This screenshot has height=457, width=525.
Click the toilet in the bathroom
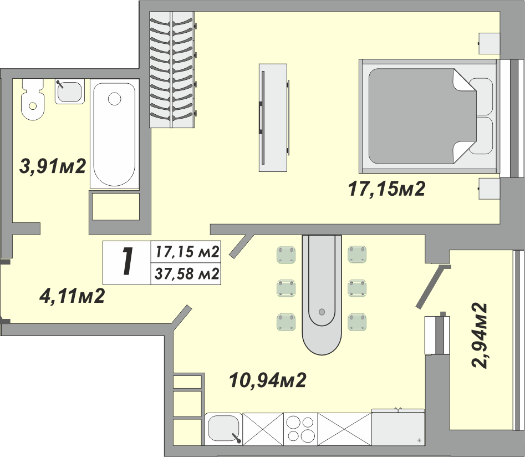point(33,99)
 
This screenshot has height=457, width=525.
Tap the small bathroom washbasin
point(70,92)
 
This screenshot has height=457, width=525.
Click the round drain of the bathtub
point(115,99)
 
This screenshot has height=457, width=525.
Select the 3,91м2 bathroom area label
point(53,166)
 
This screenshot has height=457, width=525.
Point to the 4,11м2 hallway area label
point(72,296)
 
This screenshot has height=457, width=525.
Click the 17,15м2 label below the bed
point(387,189)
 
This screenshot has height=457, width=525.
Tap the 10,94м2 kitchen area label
point(268,380)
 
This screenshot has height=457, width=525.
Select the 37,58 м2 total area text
point(187,274)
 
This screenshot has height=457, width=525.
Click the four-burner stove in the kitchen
point(300,429)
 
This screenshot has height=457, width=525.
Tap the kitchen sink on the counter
point(223,429)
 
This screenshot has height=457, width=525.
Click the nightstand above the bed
point(489,44)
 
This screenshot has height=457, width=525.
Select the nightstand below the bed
point(489,189)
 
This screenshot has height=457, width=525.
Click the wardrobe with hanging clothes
point(172,69)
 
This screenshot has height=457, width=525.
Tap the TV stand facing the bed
point(273,118)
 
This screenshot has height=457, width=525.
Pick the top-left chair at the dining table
point(286,255)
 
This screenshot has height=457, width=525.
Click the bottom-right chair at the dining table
point(357,322)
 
